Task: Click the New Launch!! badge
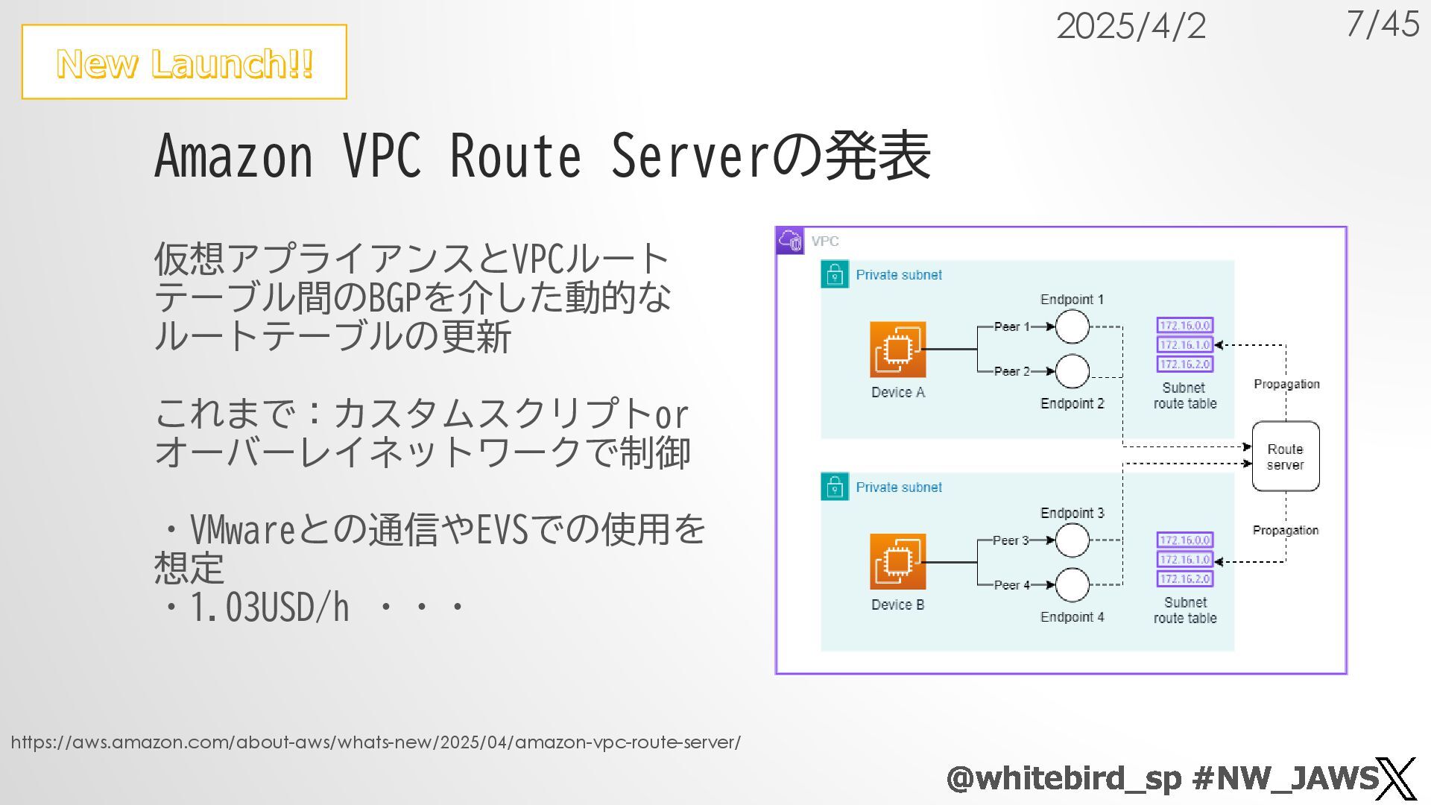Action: (184, 62)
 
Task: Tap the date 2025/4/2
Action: (1131, 27)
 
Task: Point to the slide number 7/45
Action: (1383, 24)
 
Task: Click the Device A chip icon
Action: (897, 350)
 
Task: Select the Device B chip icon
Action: (897, 562)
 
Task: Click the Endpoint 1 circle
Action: (1072, 326)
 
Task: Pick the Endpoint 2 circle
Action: (1072, 371)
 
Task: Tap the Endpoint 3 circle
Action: (1072, 540)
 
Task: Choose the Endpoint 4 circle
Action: (1072, 585)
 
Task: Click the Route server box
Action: (1285, 456)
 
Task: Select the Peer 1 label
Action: (1011, 326)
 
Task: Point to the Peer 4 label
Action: (1011, 585)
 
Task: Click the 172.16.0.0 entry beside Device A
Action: (1184, 325)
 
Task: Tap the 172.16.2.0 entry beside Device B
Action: (1184, 578)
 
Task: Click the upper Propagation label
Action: (1286, 384)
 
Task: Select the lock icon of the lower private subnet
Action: (835, 487)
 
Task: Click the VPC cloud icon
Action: (790, 241)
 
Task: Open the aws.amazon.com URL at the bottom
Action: (376, 742)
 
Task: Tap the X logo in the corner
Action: (1395, 779)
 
